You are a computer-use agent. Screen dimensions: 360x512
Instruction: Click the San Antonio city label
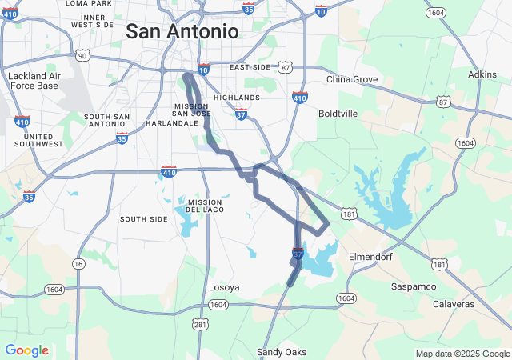pos(182,32)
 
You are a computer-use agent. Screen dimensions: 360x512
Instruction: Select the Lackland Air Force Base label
pos(33,81)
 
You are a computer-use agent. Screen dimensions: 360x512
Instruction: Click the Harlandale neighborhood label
pos(172,123)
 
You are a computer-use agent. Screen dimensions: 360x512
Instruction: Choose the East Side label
pos(250,67)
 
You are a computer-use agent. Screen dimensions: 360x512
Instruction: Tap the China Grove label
pos(352,79)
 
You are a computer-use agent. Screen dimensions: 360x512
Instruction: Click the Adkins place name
pos(482,74)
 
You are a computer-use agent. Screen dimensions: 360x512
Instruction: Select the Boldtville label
pos(338,114)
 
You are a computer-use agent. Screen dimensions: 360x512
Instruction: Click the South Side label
pos(144,218)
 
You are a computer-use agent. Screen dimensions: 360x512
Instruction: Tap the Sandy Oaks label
pos(281,352)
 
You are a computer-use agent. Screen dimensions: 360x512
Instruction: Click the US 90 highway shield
pos(82,55)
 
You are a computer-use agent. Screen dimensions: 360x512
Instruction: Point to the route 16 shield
pos(78,264)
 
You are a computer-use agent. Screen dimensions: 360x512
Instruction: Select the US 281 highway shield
pos(199,323)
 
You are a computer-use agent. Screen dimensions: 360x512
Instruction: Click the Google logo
pos(26,350)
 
